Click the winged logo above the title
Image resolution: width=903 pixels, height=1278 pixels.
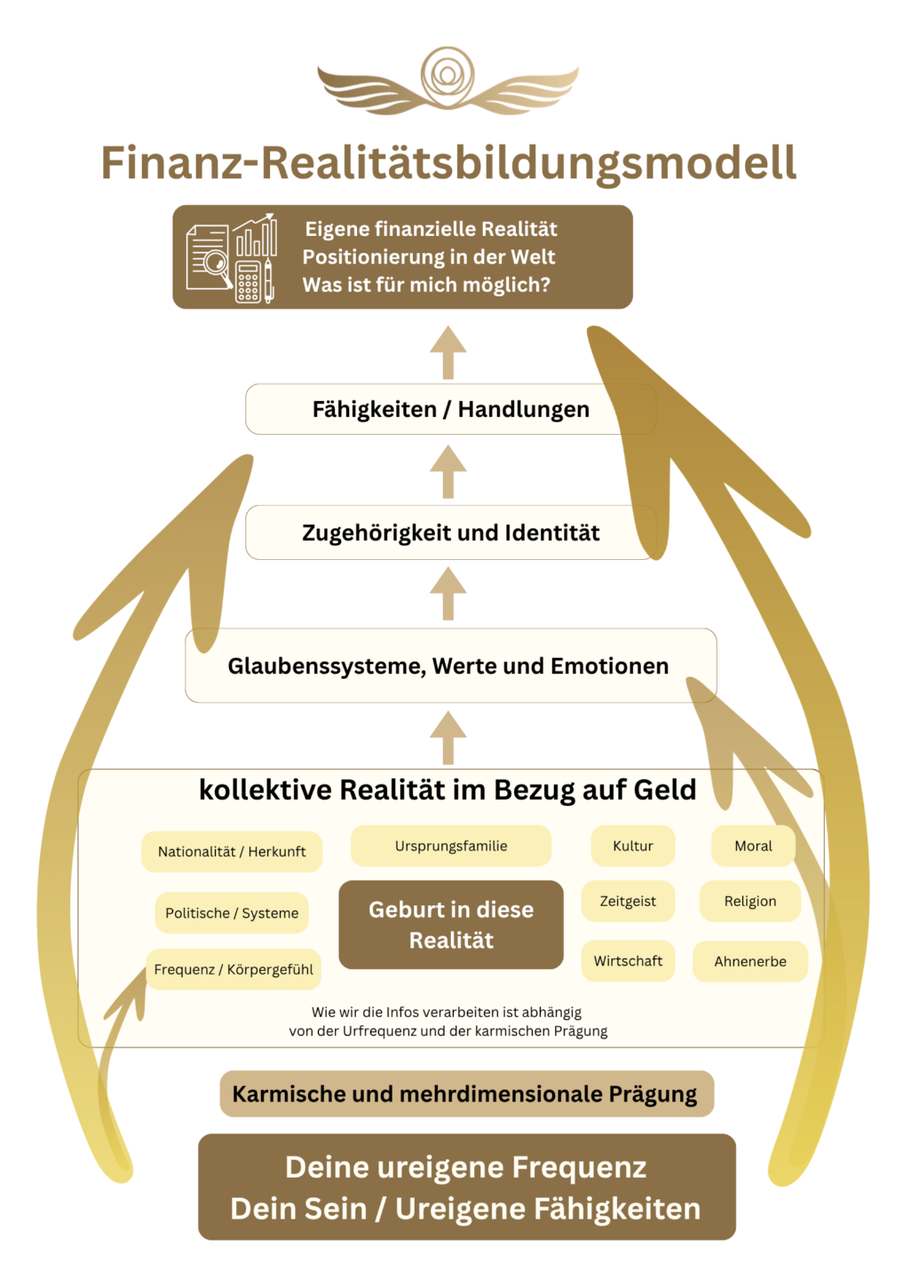point(448,81)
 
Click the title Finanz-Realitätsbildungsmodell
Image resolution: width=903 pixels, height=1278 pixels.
point(448,163)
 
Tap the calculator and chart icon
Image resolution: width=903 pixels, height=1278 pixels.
point(231,258)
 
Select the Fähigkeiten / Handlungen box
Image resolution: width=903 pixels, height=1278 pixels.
point(450,409)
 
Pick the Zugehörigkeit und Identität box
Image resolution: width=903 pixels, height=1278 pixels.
point(450,532)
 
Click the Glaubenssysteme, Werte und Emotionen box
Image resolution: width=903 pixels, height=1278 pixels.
point(448,666)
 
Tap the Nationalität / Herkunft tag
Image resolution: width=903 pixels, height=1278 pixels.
point(231,852)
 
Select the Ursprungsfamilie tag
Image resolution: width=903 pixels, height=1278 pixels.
point(451,847)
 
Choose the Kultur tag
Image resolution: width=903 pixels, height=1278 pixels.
point(632,847)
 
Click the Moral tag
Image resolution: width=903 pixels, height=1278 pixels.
point(753,847)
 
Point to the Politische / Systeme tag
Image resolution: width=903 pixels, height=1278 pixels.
point(232,913)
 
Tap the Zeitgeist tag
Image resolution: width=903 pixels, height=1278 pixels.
point(628,902)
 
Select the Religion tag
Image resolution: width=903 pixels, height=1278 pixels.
point(750,902)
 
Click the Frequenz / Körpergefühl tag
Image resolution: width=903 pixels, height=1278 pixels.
point(234,970)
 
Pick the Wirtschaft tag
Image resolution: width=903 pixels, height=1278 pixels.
point(628,961)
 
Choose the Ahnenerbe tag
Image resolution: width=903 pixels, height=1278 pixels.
point(750,962)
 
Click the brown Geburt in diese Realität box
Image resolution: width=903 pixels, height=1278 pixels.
point(451,925)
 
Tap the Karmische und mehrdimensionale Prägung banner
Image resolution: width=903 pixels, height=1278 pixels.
point(465,1094)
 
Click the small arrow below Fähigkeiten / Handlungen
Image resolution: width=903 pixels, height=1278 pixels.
point(448,471)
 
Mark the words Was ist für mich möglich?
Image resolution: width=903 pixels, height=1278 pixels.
point(426,285)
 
